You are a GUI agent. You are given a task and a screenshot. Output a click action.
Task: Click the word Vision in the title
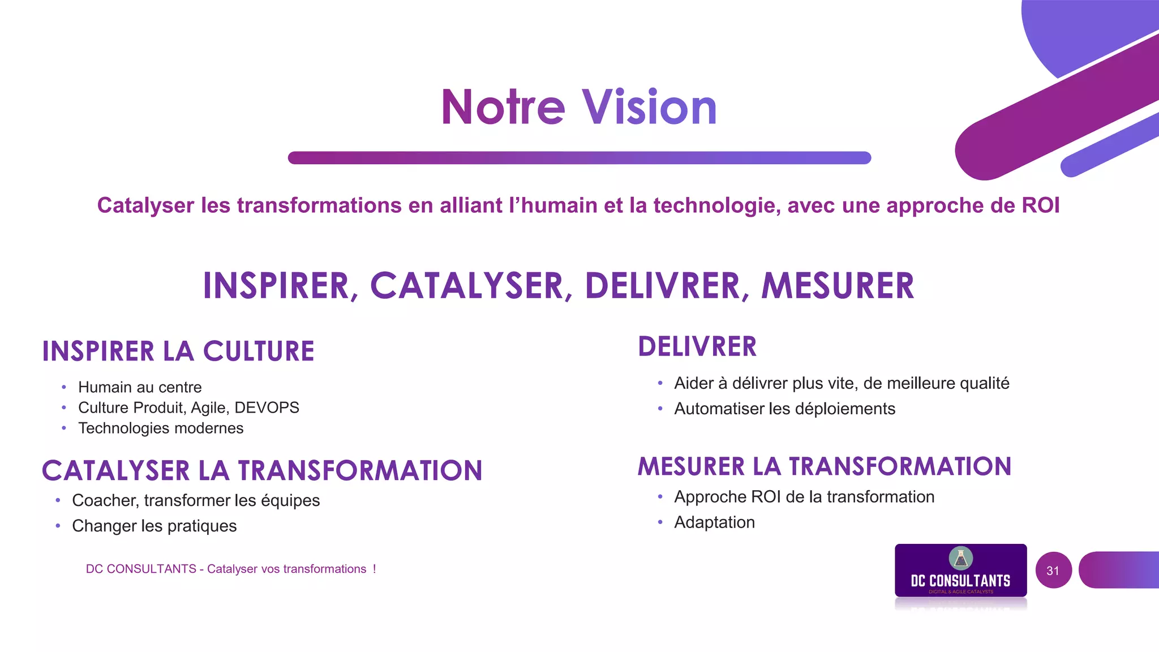click(x=650, y=108)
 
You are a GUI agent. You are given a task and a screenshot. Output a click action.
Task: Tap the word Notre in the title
click(x=503, y=108)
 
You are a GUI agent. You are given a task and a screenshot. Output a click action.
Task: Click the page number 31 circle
click(x=1053, y=570)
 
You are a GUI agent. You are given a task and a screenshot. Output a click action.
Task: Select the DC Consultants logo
click(x=960, y=571)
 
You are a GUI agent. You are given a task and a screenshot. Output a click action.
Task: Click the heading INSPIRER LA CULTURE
click(x=178, y=351)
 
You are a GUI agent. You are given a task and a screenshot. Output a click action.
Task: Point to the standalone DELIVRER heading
click(x=697, y=347)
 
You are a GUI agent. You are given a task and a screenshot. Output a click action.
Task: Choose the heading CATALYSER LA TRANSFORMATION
click(x=262, y=471)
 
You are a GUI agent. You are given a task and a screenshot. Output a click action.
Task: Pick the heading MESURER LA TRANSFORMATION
click(x=825, y=467)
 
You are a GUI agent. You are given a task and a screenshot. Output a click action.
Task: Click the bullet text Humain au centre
click(x=140, y=387)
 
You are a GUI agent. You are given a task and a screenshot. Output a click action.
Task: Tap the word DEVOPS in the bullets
click(x=267, y=407)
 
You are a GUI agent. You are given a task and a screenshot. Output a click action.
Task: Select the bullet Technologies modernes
click(x=161, y=428)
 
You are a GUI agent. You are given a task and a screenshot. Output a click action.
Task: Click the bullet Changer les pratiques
click(x=154, y=526)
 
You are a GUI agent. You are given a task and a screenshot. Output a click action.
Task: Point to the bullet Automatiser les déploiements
click(x=784, y=409)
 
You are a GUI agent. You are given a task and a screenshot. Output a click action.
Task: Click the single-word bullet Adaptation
click(x=714, y=522)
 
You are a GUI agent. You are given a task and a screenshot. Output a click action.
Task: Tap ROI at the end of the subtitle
click(x=1040, y=205)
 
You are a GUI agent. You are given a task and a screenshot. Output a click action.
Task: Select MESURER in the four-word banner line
click(x=838, y=286)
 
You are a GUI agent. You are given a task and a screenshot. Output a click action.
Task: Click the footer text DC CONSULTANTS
click(x=141, y=569)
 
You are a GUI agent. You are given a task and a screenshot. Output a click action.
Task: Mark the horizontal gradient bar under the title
click(x=579, y=158)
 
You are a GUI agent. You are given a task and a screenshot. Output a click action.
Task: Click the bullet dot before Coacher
click(x=58, y=500)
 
